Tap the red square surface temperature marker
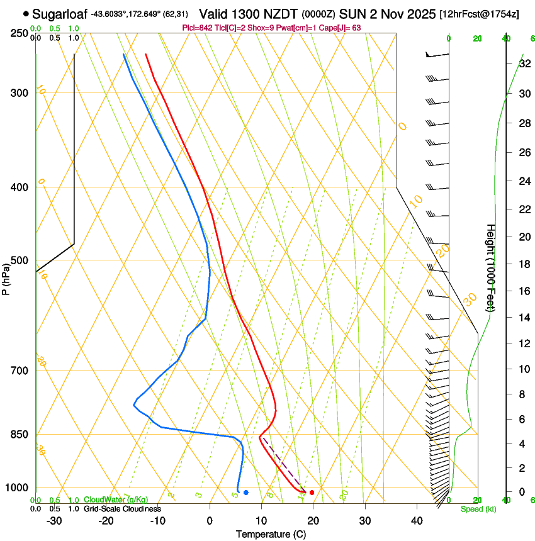click(312, 492)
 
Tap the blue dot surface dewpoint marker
click(245, 492)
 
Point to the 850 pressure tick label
click(19, 435)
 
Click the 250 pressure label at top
click(19, 33)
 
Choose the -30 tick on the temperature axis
click(54, 521)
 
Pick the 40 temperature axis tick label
click(416, 521)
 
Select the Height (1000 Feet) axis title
click(491, 267)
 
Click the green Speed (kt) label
click(478, 509)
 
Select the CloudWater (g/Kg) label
click(116, 500)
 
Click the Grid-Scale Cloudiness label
click(122, 509)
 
